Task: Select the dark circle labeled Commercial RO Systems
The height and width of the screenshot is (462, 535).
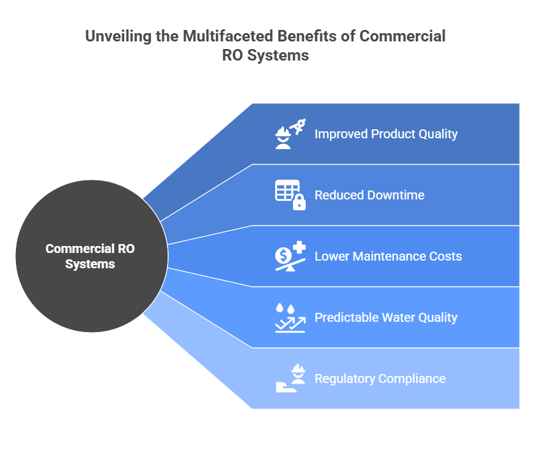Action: tap(90, 256)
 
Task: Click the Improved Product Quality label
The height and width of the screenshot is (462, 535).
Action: tap(385, 134)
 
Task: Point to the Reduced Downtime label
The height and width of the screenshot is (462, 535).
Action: tap(369, 195)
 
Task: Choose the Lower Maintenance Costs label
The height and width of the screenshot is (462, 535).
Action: tap(388, 256)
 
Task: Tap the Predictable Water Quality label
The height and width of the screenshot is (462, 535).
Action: tap(385, 317)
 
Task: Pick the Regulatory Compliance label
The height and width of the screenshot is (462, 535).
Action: tap(380, 379)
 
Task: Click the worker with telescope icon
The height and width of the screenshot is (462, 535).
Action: tap(290, 134)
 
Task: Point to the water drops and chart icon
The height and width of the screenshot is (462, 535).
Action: tap(290, 317)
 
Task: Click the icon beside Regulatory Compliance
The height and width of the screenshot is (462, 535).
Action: tap(290, 379)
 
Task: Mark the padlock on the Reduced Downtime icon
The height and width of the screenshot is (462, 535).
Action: tap(299, 203)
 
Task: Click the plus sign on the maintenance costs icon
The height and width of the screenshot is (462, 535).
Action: tap(299, 247)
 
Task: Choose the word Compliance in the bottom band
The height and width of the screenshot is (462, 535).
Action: tap(411, 379)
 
